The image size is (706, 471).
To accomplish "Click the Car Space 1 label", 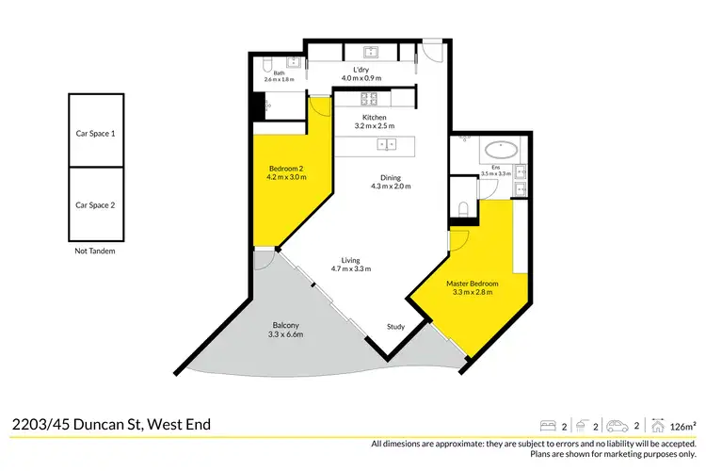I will [x=95, y=134].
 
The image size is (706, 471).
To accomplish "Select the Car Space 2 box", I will [x=95, y=203].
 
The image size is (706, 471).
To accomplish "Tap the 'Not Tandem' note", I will [x=95, y=252].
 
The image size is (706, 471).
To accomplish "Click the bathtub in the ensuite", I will [x=499, y=150].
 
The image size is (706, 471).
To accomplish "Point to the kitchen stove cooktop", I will [x=368, y=97].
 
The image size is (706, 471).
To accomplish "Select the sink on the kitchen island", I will [x=386, y=144].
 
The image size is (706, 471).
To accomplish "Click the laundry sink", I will [x=369, y=51].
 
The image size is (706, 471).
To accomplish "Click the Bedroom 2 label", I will [x=285, y=169].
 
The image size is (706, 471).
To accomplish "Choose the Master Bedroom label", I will [x=473, y=283].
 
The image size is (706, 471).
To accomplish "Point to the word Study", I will [x=395, y=327].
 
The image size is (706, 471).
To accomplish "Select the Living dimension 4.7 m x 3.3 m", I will [x=351, y=269].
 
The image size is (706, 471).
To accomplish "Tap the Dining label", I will [x=392, y=177].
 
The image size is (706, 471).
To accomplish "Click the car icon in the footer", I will [x=617, y=425].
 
